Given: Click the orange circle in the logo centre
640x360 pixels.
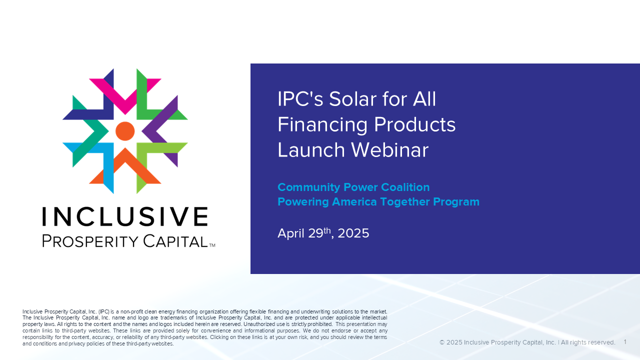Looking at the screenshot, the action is click(125, 131).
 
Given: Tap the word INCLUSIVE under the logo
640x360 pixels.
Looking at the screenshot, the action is click(125, 216).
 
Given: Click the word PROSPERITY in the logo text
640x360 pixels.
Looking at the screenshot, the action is click(90, 241).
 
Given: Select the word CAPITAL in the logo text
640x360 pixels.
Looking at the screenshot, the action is click(175, 241).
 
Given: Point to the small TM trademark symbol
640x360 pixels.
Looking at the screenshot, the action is click(212, 245).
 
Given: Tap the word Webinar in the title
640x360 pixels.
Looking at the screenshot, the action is click(389, 149).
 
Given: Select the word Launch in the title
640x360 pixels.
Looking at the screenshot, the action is click(311, 149).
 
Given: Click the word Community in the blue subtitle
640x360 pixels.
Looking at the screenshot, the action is click(309, 187).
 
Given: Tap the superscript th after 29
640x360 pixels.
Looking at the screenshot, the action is click(327, 230).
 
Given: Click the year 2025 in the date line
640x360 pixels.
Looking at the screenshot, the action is click(353, 233).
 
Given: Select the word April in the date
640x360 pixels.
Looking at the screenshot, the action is click(291, 233).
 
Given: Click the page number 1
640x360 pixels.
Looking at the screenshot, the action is click(625, 342).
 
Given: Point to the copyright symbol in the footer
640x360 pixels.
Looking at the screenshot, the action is click(442, 342).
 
